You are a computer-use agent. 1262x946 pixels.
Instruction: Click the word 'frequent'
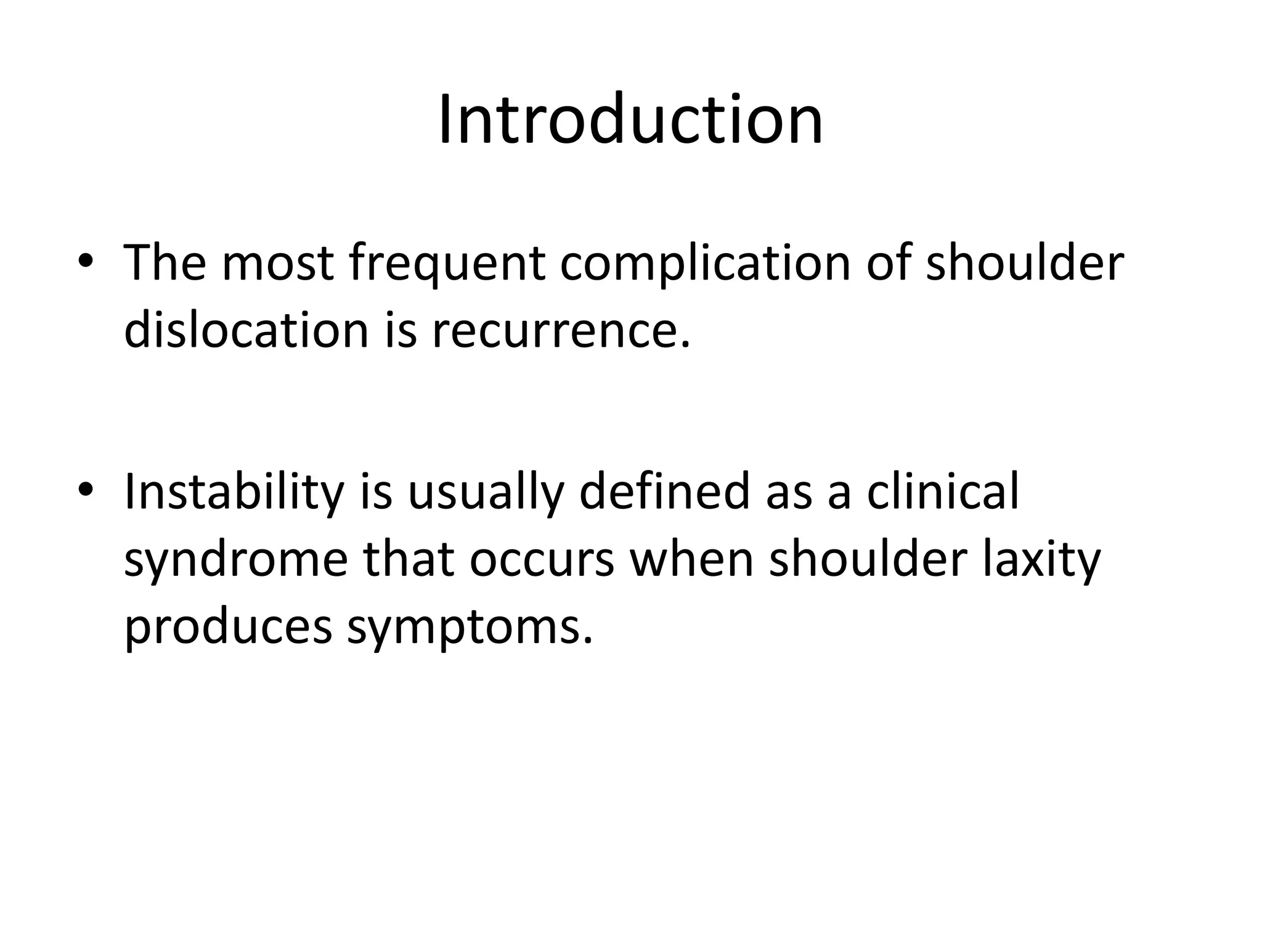pos(447,264)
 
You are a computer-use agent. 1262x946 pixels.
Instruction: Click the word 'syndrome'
pos(236,560)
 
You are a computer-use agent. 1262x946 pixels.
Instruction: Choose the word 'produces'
pos(228,628)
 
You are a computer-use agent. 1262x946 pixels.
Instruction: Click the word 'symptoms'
pos(470,628)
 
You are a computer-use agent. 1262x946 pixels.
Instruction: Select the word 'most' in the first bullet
pos(277,264)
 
